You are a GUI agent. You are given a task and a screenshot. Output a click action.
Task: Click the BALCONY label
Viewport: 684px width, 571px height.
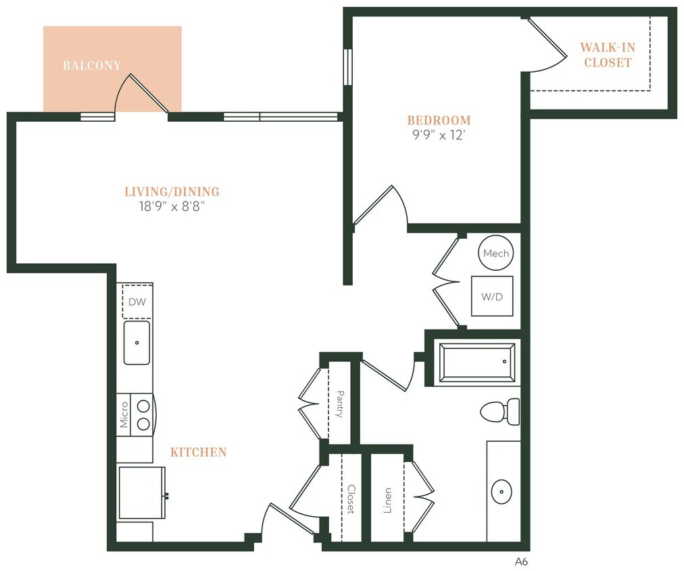click(92, 66)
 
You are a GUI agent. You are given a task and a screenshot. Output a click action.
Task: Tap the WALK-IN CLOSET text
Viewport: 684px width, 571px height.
click(608, 55)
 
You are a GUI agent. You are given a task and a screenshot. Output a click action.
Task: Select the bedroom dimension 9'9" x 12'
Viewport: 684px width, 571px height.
click(439, 135)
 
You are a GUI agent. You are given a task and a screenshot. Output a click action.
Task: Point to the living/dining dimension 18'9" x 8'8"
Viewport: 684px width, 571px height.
click(172, 206)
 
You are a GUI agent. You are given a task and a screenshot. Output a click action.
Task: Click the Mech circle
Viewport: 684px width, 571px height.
click(495, 253)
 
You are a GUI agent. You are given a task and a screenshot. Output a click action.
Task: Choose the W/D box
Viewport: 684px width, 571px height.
click(492, 296)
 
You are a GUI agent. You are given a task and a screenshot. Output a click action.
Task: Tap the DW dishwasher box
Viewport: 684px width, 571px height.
click(137, 302)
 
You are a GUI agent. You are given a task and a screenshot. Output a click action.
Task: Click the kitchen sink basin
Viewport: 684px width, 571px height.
click(137, 342)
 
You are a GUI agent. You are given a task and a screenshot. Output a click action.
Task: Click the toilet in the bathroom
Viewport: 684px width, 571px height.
click(500, 410)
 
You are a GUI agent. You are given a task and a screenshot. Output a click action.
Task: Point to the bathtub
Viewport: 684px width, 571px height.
click(477, 363)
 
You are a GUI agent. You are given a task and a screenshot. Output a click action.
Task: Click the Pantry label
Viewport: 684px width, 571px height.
click(339, 404)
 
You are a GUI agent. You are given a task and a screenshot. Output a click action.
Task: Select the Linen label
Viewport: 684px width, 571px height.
click(387, 501)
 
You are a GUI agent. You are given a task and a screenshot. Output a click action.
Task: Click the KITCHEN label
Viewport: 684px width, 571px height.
click(198, 452)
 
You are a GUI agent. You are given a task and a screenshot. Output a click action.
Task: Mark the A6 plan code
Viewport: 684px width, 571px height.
click(521, 561)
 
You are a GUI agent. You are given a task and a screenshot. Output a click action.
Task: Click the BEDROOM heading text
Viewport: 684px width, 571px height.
click(439, 120)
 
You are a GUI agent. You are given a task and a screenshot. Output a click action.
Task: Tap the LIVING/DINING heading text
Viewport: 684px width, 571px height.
click(172, 191)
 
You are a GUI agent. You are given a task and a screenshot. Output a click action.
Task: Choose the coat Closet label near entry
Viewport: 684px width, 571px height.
click(350, 499)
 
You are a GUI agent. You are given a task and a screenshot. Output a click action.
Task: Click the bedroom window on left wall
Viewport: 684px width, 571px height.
click(347, 67)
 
